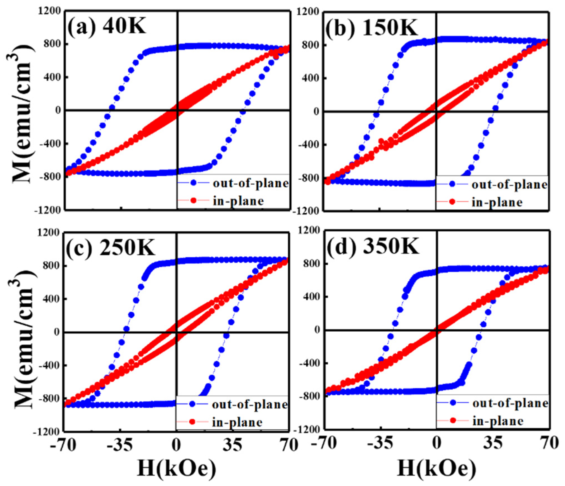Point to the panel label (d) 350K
(x=373, y=246)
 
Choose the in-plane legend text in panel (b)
(x=497, y=202)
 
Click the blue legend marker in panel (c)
(x=193, y=404)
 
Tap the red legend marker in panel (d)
(x=453, y=420)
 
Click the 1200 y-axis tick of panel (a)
(x=50, y=11)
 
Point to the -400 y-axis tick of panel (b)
(x=308, y=145)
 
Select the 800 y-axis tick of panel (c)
(x=51, y=265)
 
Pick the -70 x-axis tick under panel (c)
(x=63, y=444)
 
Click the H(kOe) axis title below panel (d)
(x=436, y=468)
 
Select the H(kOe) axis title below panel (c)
(x=177, y=468)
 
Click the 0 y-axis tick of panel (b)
(x=316, y=112)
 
